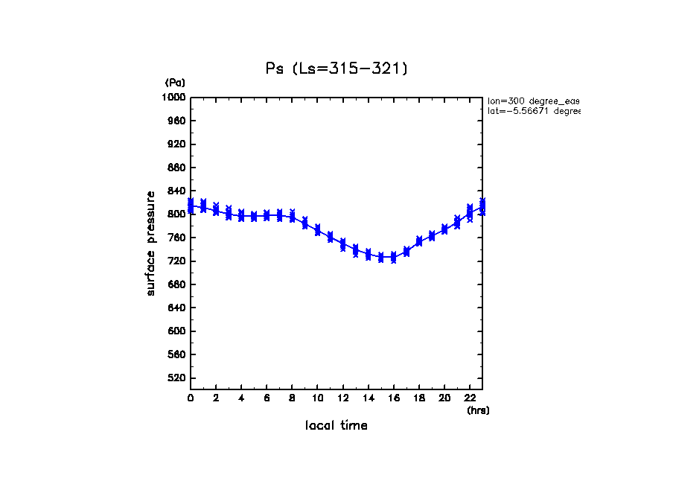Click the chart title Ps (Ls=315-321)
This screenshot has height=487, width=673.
[336, 69]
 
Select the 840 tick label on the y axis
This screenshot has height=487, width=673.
[176, 191]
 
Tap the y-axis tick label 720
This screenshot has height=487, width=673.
[176, 261]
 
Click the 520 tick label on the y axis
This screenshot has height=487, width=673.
[176, 378]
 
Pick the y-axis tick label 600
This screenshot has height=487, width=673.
[176, 331]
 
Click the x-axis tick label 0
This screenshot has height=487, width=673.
[191, 398]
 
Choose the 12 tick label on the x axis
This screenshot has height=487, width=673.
[342, 398]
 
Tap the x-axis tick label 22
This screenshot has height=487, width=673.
[470, 398]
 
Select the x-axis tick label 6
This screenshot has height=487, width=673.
[267, 398]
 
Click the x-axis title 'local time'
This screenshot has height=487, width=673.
[336, 426]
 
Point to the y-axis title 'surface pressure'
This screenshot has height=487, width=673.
[151, 244]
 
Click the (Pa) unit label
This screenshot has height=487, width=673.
[175, 83]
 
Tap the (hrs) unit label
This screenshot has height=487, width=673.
[478, 410]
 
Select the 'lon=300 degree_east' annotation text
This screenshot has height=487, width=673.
[533, 101]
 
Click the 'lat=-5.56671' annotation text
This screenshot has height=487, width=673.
[533, 111]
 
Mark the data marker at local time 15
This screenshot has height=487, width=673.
[380, 258]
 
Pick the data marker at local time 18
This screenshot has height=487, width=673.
[419, 241]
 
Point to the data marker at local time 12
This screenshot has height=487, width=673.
[342, 244]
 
